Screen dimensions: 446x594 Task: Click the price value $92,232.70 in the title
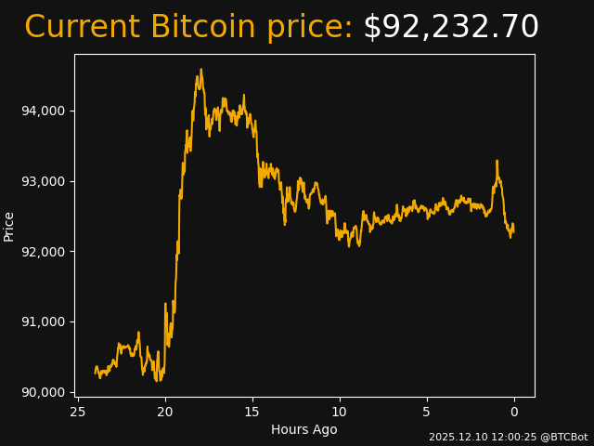click(450, 28)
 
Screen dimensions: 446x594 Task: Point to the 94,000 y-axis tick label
click(43, 111)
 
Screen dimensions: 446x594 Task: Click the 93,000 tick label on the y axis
click(43, 181)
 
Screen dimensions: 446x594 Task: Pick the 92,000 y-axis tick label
click(43, 252)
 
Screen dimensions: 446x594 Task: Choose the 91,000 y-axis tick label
click(43, 321)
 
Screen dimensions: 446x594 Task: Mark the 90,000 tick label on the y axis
click(43, 392)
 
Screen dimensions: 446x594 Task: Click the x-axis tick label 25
click(78, 412)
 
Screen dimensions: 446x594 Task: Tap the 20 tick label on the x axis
click(165, 412)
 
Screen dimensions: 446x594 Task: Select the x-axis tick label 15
click(252, 412)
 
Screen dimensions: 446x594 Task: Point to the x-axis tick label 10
click(340, 412)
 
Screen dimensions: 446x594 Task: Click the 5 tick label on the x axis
click(427, 412)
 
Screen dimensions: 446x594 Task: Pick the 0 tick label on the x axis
click(514, 412)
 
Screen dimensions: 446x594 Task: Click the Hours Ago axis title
click(304, 429)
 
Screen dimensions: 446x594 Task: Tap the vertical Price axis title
click(9, 226)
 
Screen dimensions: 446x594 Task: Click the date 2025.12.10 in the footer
click(456, 437)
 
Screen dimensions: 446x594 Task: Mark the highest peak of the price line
click(200, 70)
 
